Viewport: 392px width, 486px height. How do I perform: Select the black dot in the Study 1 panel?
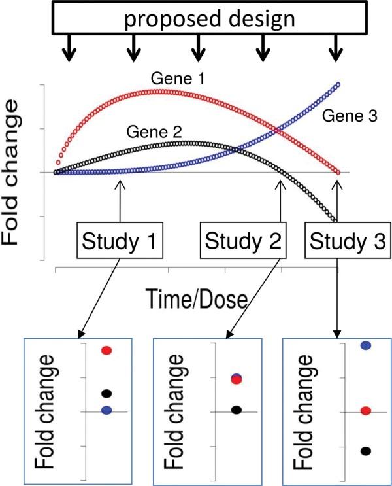click(x=107, y=393)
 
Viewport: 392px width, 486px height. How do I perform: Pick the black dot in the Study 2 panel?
click(x=237, y=409)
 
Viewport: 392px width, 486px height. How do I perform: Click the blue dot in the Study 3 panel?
click(x=367, y=345)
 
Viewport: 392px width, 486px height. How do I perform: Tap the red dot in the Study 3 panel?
click(x=367, y=410)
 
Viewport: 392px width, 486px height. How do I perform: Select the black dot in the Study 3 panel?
click(x=367, y=451)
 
